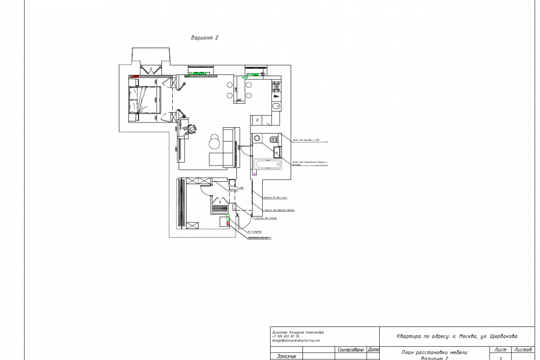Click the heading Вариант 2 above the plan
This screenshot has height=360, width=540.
tap(204, 37)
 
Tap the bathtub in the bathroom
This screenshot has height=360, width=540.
tap(266, 165)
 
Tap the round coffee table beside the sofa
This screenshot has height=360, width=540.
tap(214, 142)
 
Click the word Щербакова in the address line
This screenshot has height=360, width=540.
tap(502, 336)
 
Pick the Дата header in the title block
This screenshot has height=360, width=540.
tap(373, 349)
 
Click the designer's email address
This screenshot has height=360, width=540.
tap(296, 340)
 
